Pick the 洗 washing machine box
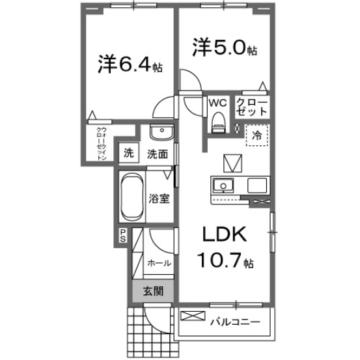pos(128,154)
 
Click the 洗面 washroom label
pos(157,154)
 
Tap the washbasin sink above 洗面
pos(159,133)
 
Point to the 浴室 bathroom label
pos(160,199)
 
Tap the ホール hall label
pos(159,263)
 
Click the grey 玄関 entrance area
pos(154,291)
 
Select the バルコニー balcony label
pos(235,322)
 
